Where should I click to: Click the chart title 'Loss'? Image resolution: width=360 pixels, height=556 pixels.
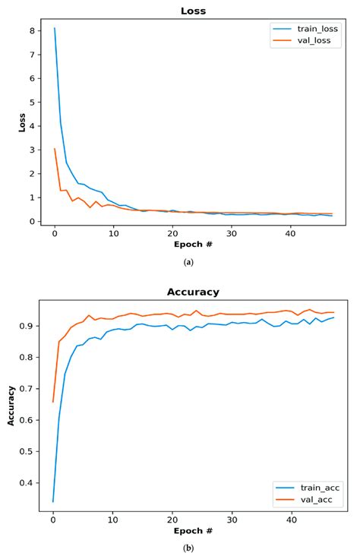pos(192,11)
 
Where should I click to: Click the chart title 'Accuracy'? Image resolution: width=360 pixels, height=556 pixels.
pos(193,292)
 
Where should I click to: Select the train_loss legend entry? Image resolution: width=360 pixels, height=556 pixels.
pos(308,29)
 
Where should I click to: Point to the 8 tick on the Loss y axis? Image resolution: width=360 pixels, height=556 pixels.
pos(33,31)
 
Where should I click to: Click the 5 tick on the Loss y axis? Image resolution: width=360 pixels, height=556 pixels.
pos(33,103)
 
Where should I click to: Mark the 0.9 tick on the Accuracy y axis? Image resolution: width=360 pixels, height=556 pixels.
pos(29,326)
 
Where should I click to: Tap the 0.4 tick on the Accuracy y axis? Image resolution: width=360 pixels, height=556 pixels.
pos(29,482)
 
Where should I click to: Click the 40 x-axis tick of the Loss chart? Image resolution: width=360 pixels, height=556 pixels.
pos(291,233)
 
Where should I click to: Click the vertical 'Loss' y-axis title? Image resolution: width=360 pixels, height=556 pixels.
pos(22,122)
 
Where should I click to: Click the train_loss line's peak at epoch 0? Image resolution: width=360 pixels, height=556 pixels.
pos(54,29)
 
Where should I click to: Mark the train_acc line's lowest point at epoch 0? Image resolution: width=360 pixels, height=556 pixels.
pos(53,501)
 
